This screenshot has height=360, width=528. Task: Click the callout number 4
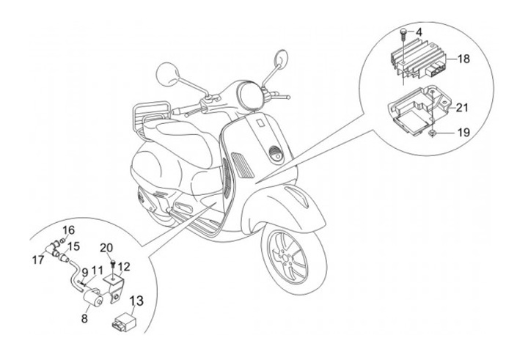419,32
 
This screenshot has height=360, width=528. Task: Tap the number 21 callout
461,107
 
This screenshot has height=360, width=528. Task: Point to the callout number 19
461,133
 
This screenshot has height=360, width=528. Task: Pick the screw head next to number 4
403,30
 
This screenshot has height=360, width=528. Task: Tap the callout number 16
69,230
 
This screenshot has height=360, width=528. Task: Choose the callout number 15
74,246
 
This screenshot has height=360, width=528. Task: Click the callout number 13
137,300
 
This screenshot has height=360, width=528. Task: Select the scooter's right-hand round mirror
281,59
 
